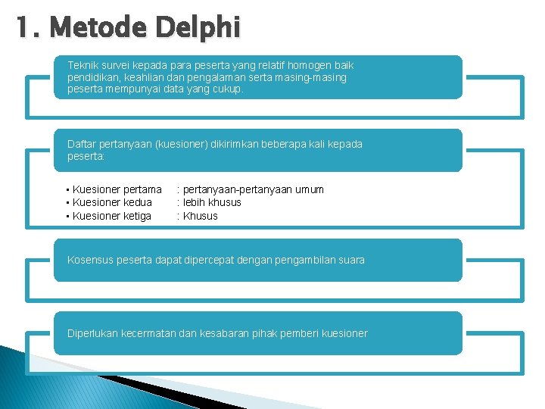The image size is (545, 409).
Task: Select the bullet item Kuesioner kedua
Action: pos(112,202)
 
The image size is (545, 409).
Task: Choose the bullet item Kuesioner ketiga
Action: pos(112,216)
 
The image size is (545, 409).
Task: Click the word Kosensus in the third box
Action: pos(90,260)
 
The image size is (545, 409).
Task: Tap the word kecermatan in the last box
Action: pos(150,333)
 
